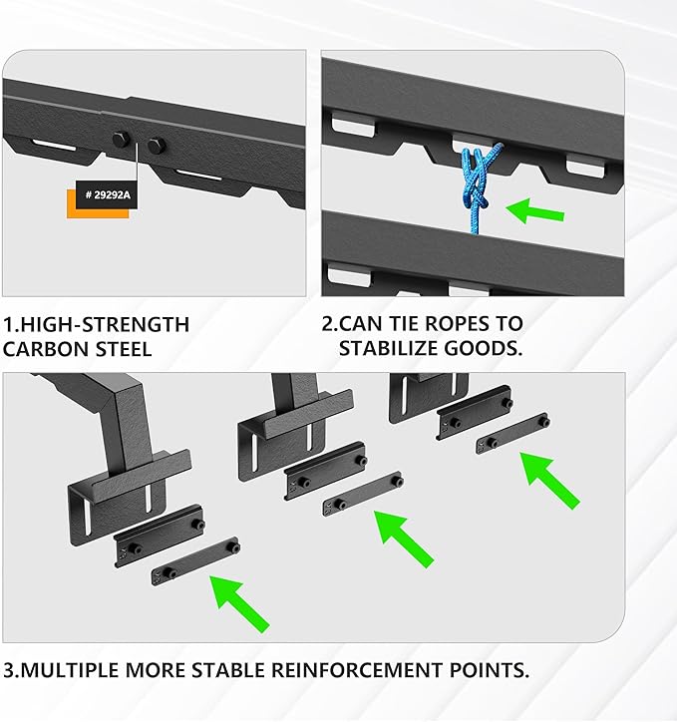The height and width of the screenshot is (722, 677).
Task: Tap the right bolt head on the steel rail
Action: point(155,147)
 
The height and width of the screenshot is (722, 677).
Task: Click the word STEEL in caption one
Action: point(126,349)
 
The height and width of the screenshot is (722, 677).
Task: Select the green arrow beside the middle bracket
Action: point(404,539)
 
